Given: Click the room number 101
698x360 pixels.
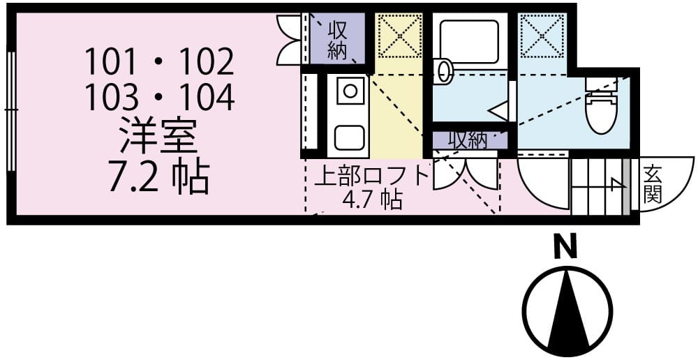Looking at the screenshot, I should (x=109, y=63).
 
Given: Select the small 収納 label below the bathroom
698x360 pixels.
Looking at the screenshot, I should (x=467, y=140).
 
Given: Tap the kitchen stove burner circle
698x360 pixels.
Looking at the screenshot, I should (x=349, y=89).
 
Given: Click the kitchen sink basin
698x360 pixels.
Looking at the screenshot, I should (x=349, y=136).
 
